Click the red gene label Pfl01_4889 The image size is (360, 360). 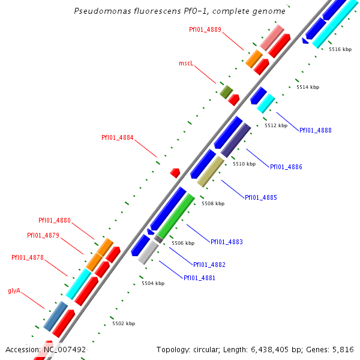click(x=205, y=29)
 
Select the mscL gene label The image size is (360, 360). click(x=186, y=63)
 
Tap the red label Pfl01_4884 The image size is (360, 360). click(x=118, y=137)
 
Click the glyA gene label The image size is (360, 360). click(x=14, y=290)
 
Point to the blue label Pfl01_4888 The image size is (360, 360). click(x=315, y=130)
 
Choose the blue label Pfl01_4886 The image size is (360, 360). click(x=286, y=167)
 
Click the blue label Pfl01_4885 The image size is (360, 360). click(x=260, y=197)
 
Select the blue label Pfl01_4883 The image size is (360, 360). click(x=226, y=242)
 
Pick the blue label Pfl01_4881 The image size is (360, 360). click(x=199, y=278)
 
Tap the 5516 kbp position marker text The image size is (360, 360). click(x=340, y=49)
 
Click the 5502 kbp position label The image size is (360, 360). click(x=124, y=323)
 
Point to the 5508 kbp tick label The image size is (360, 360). click(x=213, y=203)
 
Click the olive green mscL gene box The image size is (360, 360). click(x=226, y=91)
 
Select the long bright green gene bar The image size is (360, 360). click(x=176, y=216)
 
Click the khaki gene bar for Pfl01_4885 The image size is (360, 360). click(x=211, y=172)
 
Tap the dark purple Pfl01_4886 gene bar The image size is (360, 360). click(x=236, y=140)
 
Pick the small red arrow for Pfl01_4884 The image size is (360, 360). click(x=175, y=173)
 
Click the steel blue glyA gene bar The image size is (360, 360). click(x=55, y=316)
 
